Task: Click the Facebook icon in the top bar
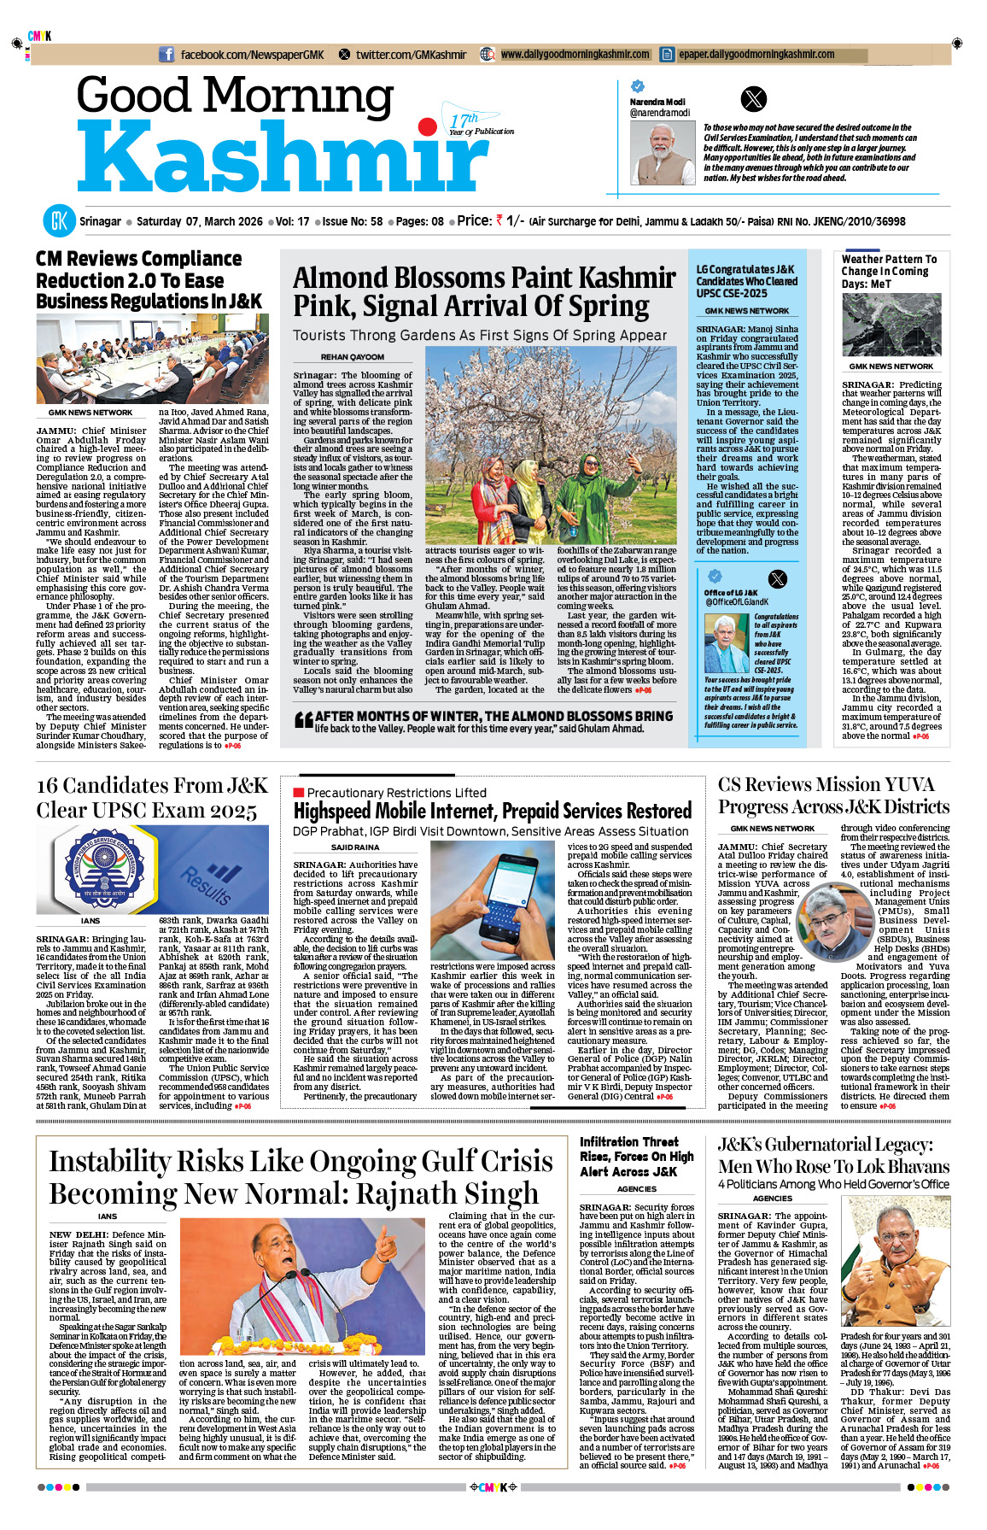pyautogui.click(x=167, y=55)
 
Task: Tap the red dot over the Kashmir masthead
pyautogui.click(x=428, y=128)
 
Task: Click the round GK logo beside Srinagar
pyautogui.click(x=60, y=221)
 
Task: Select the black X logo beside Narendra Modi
pyautogui.click(x=753, y=100)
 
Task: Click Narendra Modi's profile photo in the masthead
pyautogui.click(x=662, y=153)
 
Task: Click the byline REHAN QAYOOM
pyautogui.click(x=353, y=357)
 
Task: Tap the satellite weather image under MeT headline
pyautogui.click(x=891, y=325)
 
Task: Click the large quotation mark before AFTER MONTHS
pyautogui.click(x=303, y=720)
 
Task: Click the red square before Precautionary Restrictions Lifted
pyautogui.click(x=298, y=793)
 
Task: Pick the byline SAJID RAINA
pyautogui.click(x=355, y=847)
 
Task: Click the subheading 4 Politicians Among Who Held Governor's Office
pyautogui.click(x=833, y=1184)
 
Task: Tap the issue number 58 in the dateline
pyautogui.click(x=377, y=221)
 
